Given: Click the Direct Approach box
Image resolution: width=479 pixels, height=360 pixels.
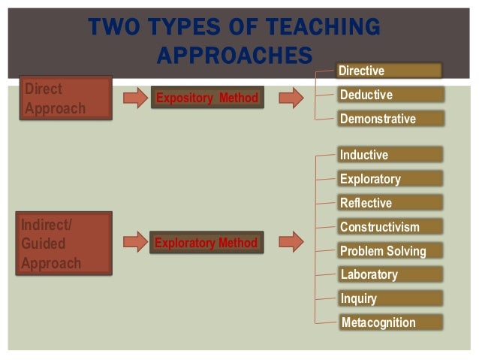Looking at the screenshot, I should click(x=66, y=98).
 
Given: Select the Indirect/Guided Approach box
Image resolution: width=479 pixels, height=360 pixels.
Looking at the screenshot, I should click(x=66, y=244).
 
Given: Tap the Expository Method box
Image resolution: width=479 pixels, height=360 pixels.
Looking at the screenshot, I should click(x=206, y=98).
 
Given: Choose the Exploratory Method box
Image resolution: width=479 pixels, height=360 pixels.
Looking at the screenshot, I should click(x=206, y=243).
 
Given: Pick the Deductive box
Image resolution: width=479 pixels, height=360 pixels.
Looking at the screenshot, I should click(x=390, y=95).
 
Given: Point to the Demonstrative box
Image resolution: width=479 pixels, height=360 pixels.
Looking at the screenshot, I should click(x=390, y=119).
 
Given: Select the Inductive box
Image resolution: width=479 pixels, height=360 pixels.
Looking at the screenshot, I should click(x=390, y=155).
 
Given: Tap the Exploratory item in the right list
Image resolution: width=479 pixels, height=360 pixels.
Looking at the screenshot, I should click(x=390, y=179).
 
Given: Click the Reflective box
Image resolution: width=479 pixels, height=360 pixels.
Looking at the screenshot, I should click(x=390, y=203).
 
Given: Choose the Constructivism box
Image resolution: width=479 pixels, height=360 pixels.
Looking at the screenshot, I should click(x=390, y=227).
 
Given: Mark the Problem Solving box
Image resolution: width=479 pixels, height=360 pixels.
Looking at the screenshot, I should click(x=390, y=251).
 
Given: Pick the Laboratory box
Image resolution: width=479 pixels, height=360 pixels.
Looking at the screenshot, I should click(x=390, y=274).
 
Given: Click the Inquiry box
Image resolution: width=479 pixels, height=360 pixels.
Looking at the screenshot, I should click(x=390, y=298).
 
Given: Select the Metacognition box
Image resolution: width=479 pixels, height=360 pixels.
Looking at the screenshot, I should click(x=390, y=322).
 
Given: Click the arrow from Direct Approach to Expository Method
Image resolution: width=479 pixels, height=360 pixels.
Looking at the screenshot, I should click(x=135, y=98).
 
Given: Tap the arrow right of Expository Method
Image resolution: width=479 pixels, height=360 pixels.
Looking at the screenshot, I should click(x=291, y=98).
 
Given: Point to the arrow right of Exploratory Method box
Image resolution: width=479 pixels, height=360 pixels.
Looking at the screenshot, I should click(x=291, y=242).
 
